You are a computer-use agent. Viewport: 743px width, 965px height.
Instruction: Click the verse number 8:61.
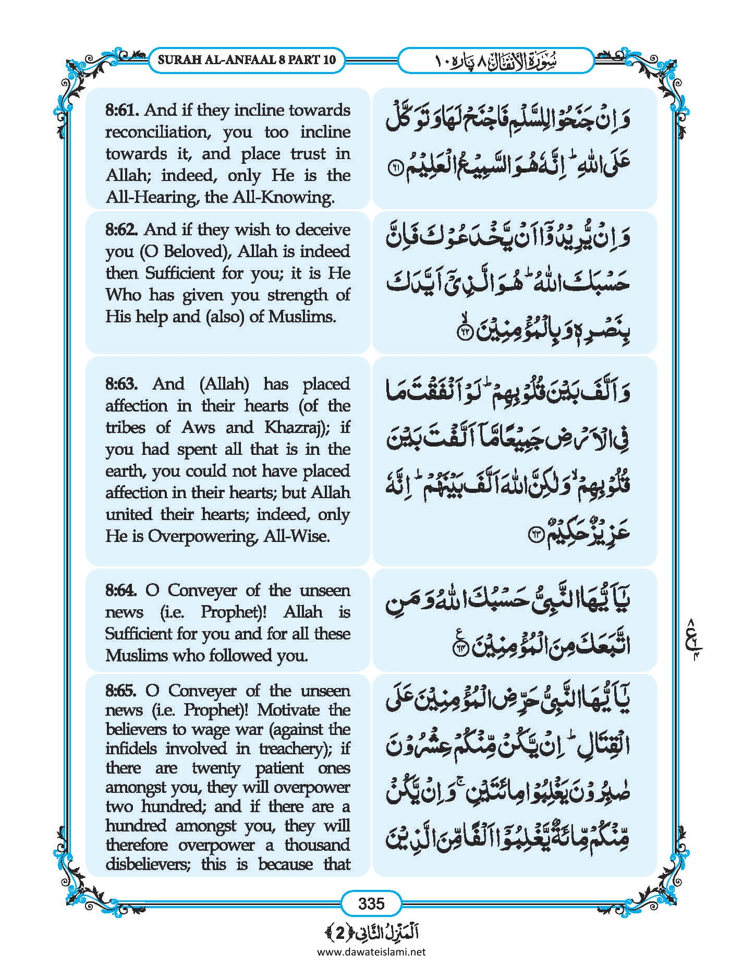click(122, 110)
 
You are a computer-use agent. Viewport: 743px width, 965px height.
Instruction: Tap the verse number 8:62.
click(122, 230)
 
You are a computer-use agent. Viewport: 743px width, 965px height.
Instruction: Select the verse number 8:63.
click(121, 384)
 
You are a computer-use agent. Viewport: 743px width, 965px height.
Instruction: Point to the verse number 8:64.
click(121, 590)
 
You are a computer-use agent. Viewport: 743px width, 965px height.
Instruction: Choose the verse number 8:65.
click(121, 691)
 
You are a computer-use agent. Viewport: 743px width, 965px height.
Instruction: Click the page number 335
click(371, 903)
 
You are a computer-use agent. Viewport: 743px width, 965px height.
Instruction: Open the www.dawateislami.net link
click(371, 951)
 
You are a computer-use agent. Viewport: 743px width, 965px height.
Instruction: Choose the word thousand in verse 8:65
click(317, 845)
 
